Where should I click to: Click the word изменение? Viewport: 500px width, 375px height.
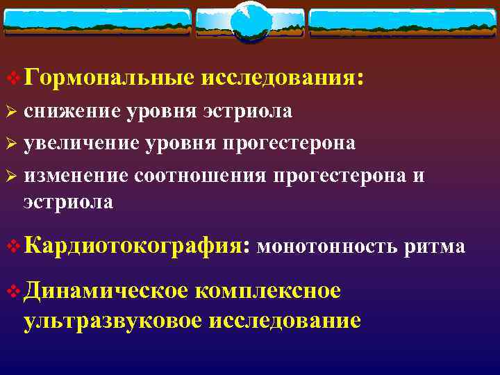coord(76,176)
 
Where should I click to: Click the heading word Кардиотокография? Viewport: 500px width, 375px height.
coord(136,246)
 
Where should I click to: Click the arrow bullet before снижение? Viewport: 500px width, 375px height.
coord(10,112)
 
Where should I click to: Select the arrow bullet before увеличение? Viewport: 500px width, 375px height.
coord(10,144)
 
